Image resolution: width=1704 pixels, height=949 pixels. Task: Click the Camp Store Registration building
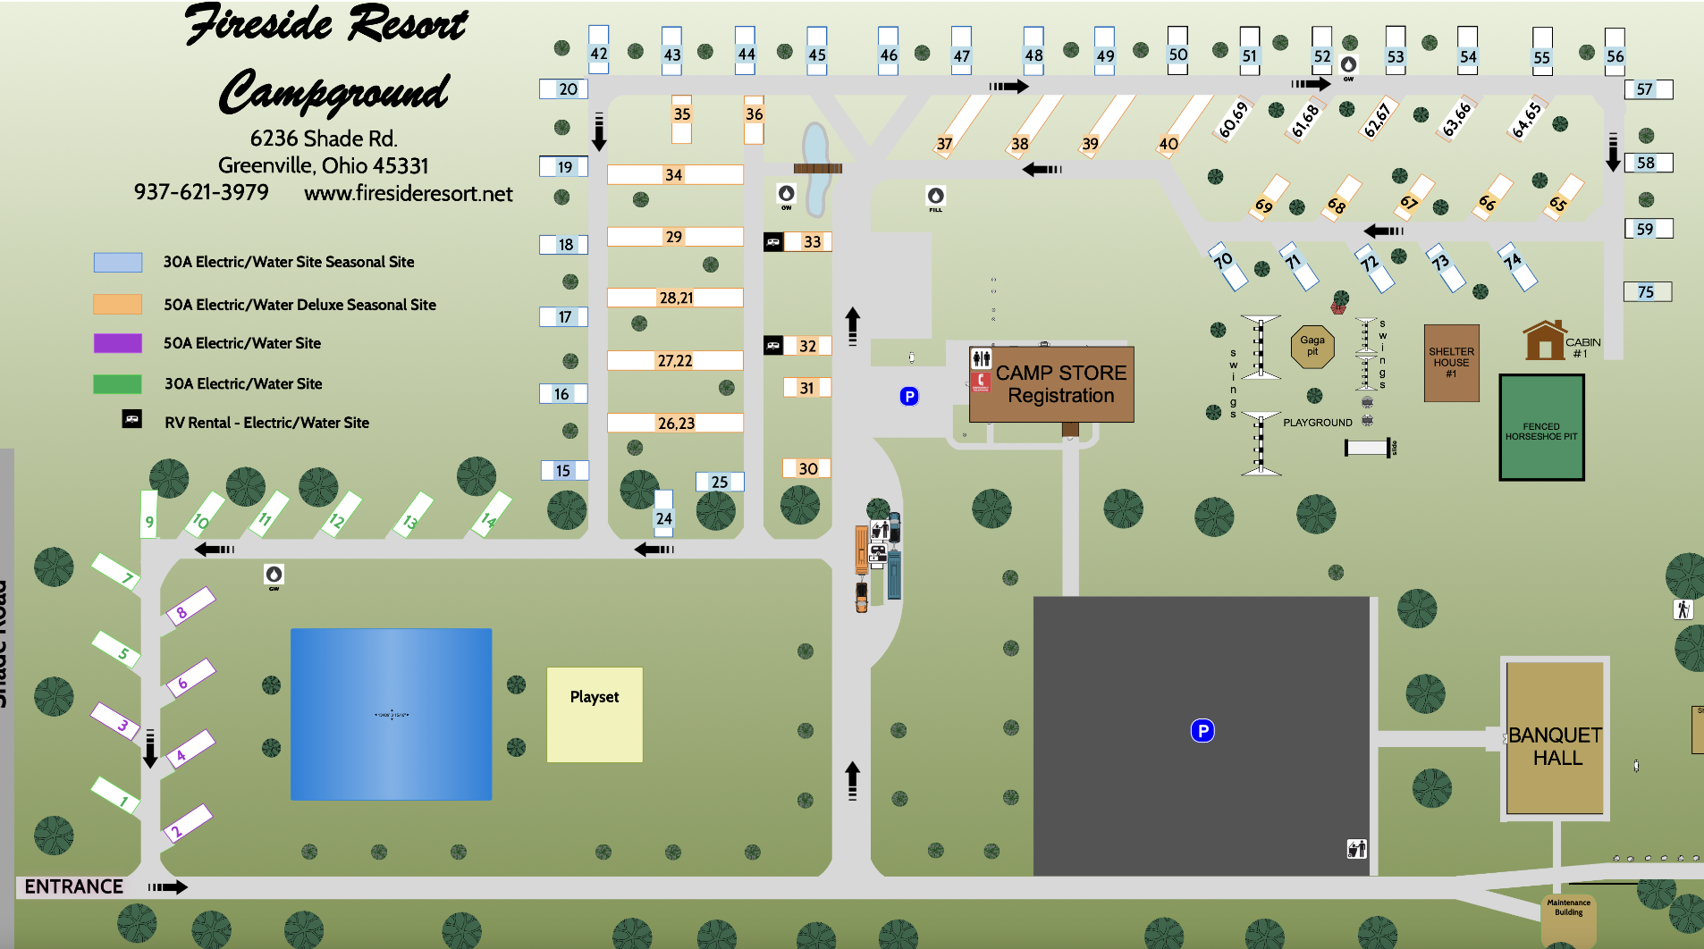[x=1051, y=384]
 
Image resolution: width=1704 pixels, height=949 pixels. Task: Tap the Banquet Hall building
[x=1555, y=739]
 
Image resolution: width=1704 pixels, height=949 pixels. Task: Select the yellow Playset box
[x=595, y=714]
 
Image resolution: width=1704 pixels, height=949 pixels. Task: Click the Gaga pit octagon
[x=1312, y=346]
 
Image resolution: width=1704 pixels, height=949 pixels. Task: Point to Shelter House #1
[x=1451, y=363]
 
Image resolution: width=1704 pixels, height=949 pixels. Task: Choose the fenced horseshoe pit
[x=1541, y=428]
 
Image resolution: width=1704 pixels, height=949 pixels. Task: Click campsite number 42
[x=598, y=53]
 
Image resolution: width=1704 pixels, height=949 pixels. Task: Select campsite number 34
[x=674, y=174]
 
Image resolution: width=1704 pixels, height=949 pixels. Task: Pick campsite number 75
[x=1647, y=291]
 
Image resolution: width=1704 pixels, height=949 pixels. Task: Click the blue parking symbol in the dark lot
[x=1202, y=731]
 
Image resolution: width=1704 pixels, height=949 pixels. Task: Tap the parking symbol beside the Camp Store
[x=909, y=396]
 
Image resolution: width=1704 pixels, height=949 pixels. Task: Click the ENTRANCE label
[x=74, y=886]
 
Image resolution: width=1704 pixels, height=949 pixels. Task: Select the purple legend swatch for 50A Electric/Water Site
[x=117, y=343]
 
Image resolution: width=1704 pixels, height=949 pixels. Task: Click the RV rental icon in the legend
[x=131, y=419]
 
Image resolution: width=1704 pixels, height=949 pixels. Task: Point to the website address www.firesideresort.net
[x=408, y=194]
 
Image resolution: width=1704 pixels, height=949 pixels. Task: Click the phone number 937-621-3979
[x=201, y=192]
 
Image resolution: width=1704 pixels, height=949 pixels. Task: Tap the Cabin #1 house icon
[x=1544, y=340]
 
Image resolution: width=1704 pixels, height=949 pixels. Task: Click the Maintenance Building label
[x=1568, y=907]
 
